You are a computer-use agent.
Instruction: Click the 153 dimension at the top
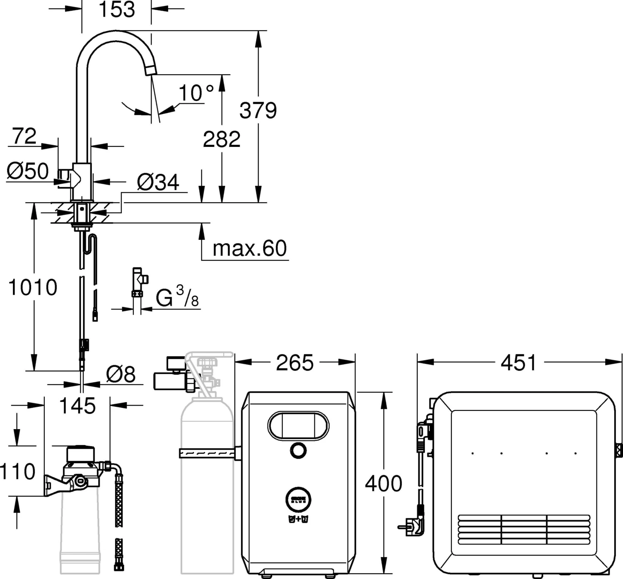click(x=117, y=10)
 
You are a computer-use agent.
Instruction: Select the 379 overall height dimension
click(x=258, y=110)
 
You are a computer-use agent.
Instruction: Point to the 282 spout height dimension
click(x=221, y=139)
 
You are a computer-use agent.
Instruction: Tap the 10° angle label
click(x=196, y=93)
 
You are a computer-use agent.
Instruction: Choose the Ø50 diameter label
click(x=27, y=171)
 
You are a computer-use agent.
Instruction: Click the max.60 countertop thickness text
click(x=250, y=248)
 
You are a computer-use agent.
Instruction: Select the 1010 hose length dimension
click(x=33, y=287)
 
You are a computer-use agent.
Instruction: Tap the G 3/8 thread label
click(x=177, y=296)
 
